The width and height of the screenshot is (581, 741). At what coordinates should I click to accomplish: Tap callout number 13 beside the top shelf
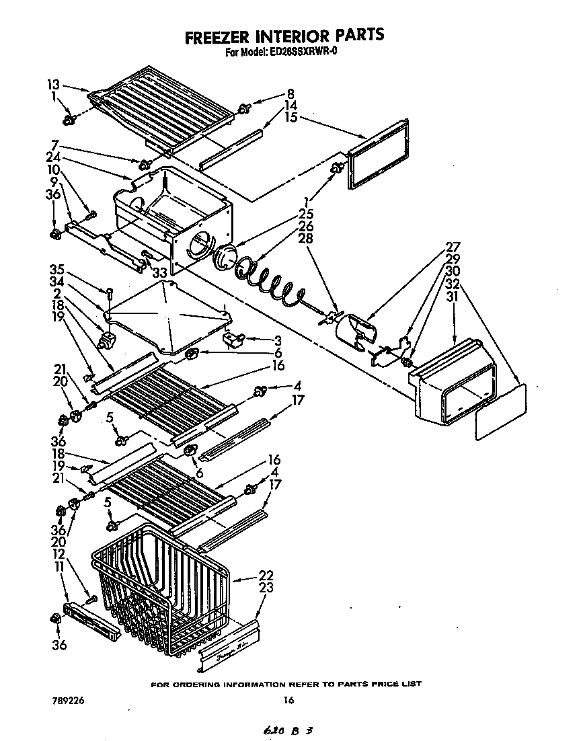pyautogui.click(x=54, y=85)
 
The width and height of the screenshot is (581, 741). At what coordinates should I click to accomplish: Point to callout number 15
pyautogui.click(x=290, y=117)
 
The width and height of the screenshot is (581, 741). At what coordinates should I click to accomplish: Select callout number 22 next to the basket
pyautogui.click(x=266, y=575)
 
